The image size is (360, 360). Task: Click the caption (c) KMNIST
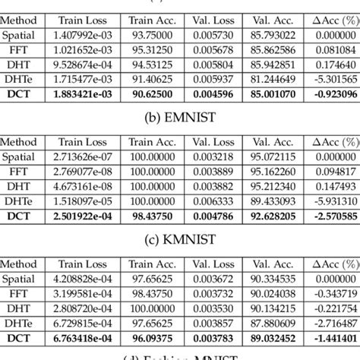tap(180, 241)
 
